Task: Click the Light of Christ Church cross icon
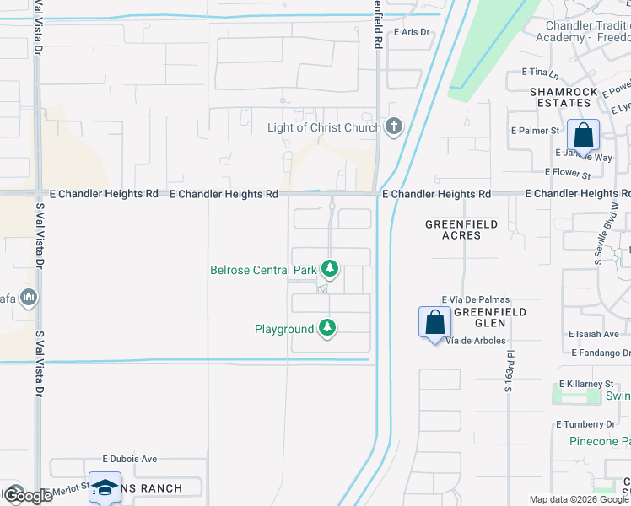tap(392, 127)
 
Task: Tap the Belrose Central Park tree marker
tap(329, 270)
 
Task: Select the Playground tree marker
tap(327, 328)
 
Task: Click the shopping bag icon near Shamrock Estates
tap(583, 135)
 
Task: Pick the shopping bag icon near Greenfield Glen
tap(434, 322)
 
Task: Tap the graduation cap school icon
tap(105, 488)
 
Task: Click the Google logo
tap(27, 495)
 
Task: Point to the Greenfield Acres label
tap(461, 229)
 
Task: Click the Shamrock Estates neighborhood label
tap(560, 96)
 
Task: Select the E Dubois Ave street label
tap(130, 459)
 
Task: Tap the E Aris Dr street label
tap(412, 32)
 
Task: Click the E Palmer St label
tap(536, 131)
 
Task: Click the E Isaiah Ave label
tap(594, 334)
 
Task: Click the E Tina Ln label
tap(541, 73)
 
